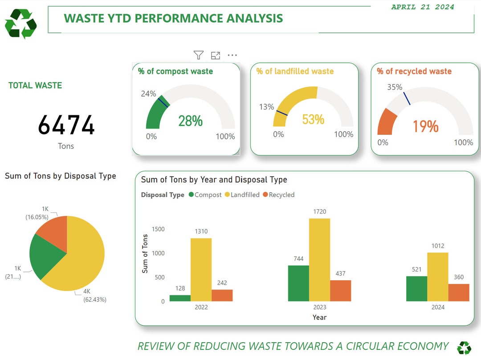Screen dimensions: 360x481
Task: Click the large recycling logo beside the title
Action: [x=20, y=24]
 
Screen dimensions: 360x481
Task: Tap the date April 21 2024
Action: [x=422, y=7]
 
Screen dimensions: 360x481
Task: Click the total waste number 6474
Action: [x=66, y=125]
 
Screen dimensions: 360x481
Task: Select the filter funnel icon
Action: [x=199, y=55]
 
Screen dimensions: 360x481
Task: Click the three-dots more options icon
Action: [x=232, y=55]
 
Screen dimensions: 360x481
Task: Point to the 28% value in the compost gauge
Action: [x=190, y=121]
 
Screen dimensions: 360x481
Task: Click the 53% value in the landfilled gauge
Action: [x=313, y=119]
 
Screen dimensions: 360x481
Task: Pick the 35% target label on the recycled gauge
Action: [x=395, y=87]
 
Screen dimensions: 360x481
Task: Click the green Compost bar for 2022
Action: [x=180, y=298]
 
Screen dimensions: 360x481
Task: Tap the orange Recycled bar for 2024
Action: [x=458, y=292]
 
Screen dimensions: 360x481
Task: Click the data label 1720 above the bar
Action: [x=319, y=211]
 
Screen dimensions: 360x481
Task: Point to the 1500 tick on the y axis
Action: [x=158, y=229]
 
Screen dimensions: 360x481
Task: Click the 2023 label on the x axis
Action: [x=319, y=307]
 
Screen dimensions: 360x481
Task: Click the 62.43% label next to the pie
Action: [x=95, y=299]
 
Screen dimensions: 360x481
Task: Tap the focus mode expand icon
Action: [x=216, y=55]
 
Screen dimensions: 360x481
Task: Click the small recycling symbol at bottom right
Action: [x=464, y=348]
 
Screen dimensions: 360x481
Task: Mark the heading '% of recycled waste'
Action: [x=414, y=71]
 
